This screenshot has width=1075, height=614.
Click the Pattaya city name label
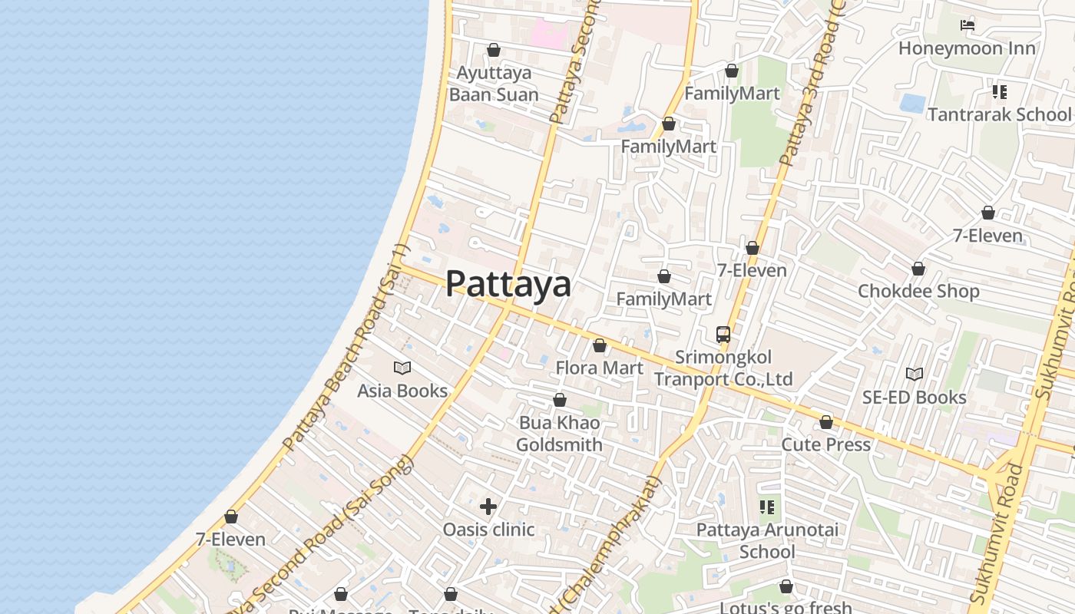508,283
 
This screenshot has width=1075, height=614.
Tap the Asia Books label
402,391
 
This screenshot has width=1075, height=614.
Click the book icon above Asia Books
402,368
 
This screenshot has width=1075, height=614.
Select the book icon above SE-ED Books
914,374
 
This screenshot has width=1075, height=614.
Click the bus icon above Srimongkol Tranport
723,335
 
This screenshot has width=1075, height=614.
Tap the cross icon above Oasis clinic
488,507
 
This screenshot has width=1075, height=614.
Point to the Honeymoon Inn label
967,48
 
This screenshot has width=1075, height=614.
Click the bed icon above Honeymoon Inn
968,25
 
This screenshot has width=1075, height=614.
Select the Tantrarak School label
999,114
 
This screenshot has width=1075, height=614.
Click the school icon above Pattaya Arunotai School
767,507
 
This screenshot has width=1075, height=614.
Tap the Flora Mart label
599,368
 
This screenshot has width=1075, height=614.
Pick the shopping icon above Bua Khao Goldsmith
560,400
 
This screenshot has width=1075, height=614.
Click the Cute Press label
825,444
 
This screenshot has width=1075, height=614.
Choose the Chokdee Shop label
918,291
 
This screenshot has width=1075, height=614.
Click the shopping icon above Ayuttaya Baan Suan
494,50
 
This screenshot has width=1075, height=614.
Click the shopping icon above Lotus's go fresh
786,587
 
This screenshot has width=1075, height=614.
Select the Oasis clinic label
488,529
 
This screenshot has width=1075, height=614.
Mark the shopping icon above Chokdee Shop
918,269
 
